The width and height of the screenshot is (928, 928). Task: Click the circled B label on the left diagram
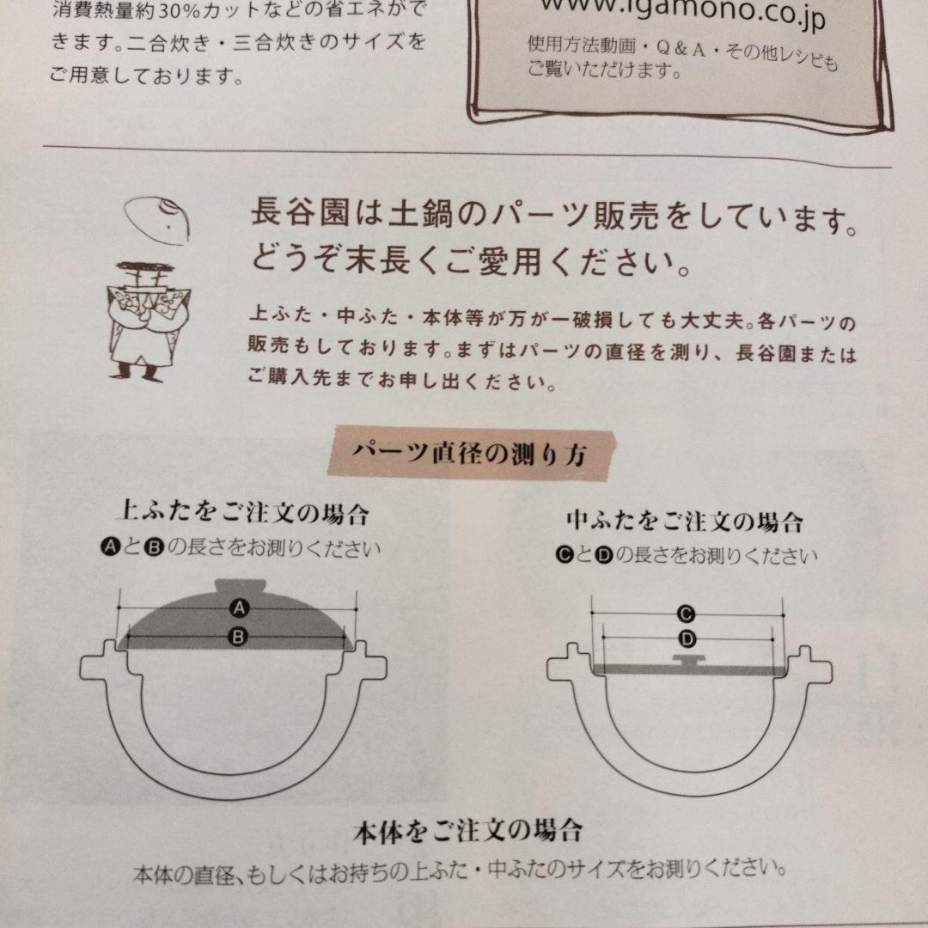pyautogui.click(x=239, y=636)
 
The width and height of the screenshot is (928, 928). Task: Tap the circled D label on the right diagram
pyautogui.click(x=687, y=638)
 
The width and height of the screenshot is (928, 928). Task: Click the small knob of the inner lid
pyautogui.click(x=692, y=660)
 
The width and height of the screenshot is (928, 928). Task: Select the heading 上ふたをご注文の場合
pyautogui.click(x=242, y=515)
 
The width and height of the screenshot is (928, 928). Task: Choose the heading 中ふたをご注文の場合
pyautogui.click(x=685, y=521)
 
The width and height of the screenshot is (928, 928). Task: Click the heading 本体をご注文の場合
pyautogui.click(x=468, y=831)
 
